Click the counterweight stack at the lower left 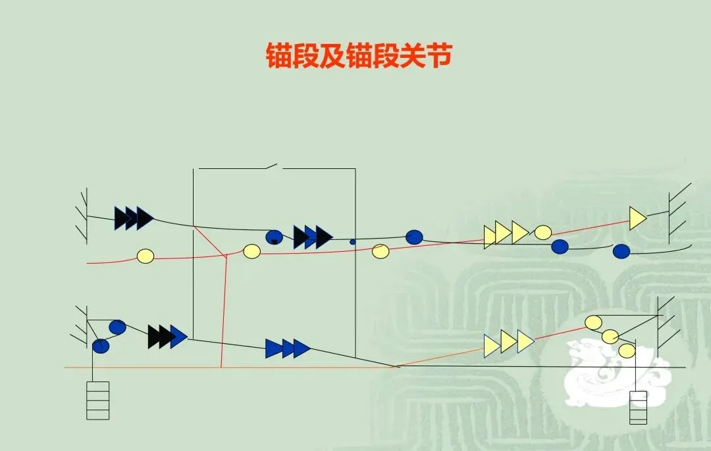tap(98, 400)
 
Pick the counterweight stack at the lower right tap(638, 407)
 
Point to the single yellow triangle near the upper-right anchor tap(637, 218)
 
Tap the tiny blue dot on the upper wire tap(352, 242)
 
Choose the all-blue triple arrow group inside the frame tap(287, 348)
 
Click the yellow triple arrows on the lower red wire tap(508, 343)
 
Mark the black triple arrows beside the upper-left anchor tap(133, 218)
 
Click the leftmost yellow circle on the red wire tap(145, 256)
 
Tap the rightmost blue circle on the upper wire tap(621, 250)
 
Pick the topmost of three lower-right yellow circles tap(594, 322)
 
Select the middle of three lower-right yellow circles tap(610, 336)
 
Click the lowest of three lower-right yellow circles tap(626, 350)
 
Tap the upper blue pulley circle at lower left tap(117, 327)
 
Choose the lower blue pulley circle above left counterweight tap(100, 346)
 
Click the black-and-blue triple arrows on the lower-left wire tap(167, 336)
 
